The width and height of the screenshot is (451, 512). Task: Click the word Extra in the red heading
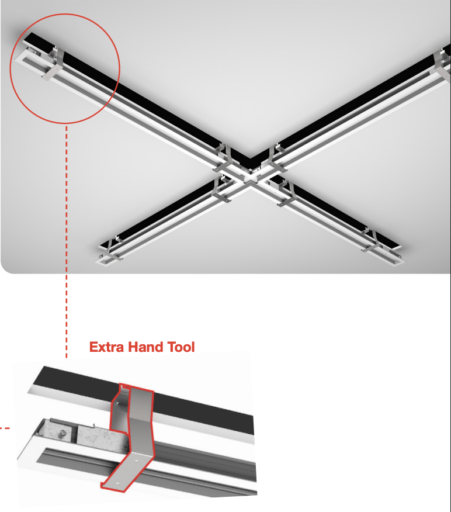[106, 347]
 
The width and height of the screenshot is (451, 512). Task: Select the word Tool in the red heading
[181, 347]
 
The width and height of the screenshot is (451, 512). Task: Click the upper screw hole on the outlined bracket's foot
[136, 461]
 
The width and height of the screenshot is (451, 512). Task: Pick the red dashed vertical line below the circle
[67, 241]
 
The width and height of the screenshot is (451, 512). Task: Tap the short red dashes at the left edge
[5, 428]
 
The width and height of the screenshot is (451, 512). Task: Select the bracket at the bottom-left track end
[112, 249]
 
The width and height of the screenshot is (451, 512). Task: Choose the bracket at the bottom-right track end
[371, 241]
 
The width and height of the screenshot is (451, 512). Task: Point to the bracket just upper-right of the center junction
[276, 158]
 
